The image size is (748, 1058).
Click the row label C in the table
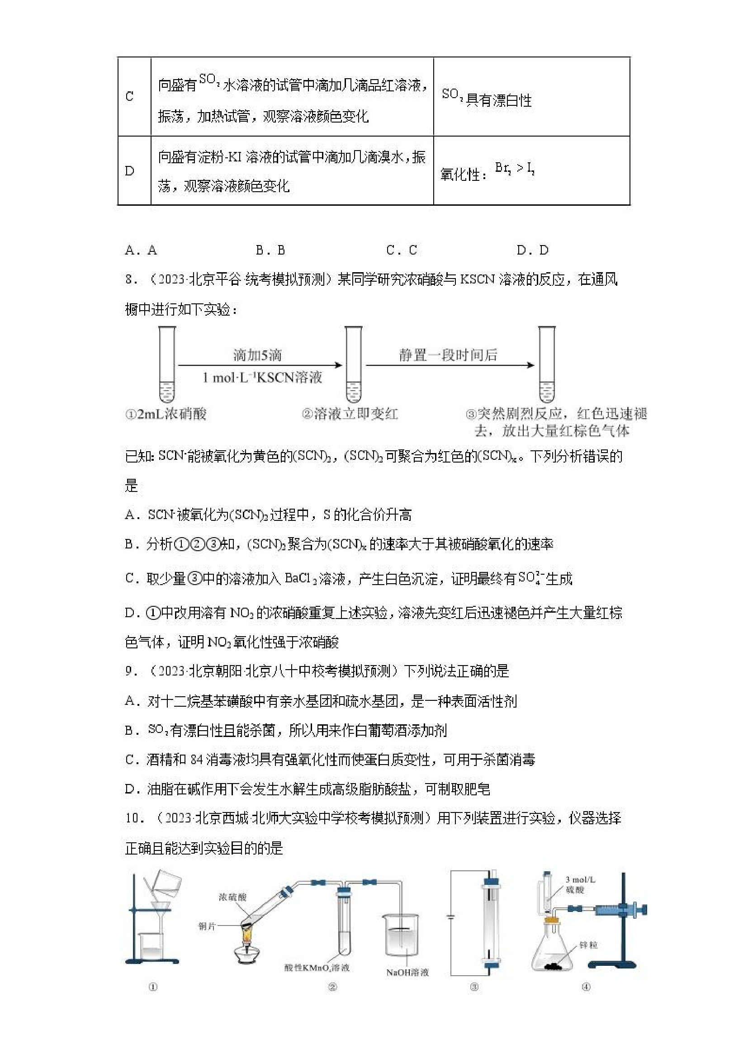129,96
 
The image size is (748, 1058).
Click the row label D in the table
129,171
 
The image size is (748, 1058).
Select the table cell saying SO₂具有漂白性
486,98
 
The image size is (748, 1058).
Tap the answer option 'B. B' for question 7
270,250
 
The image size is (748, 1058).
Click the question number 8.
130,280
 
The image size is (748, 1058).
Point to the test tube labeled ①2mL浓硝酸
167,364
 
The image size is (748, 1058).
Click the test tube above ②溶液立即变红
354,364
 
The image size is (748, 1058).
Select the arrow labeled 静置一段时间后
450,365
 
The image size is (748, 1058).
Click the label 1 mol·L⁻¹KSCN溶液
262,378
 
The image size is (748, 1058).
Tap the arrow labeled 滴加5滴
260,365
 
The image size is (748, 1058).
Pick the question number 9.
130,671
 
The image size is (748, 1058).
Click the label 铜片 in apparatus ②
207,926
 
